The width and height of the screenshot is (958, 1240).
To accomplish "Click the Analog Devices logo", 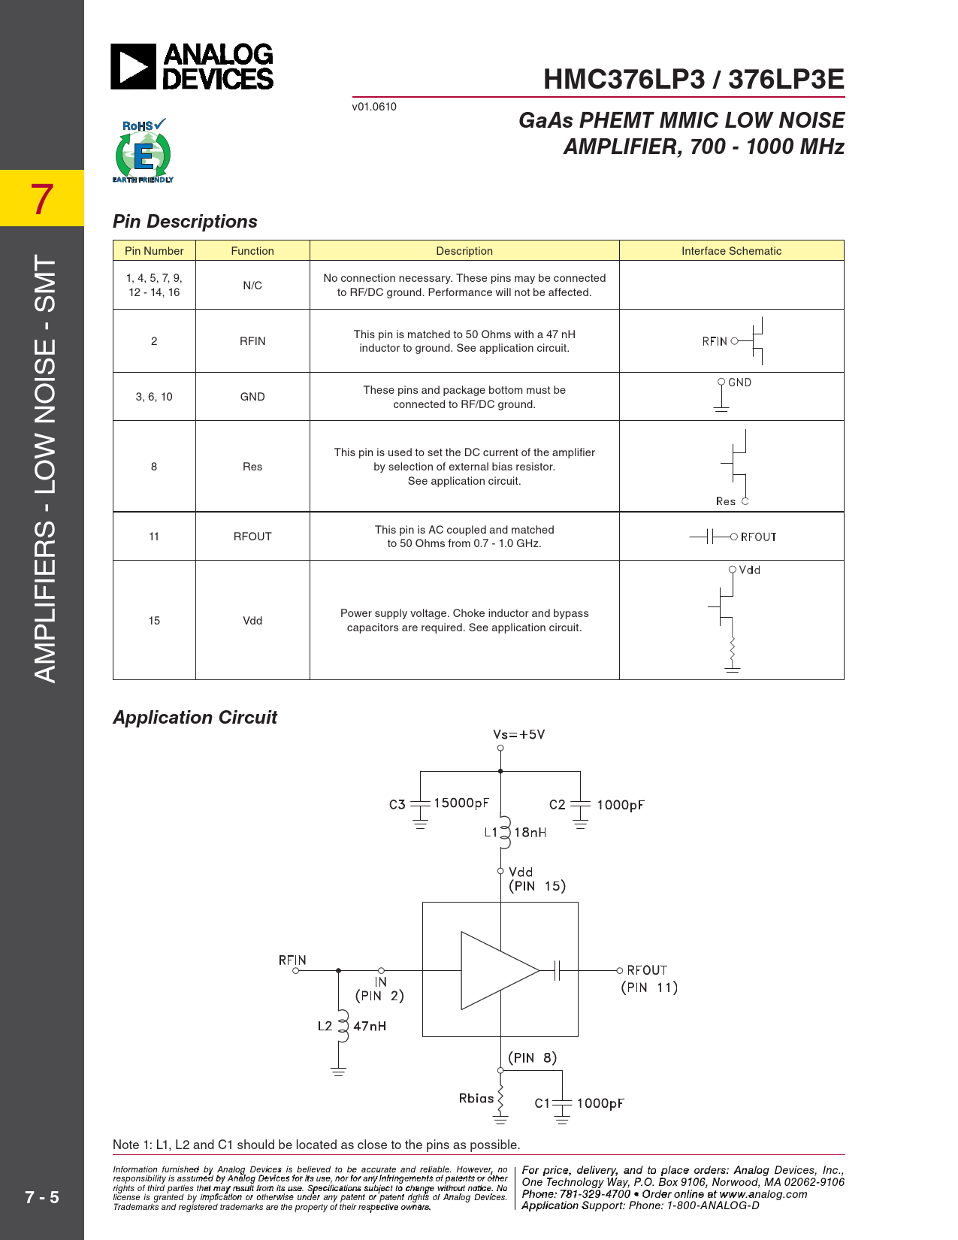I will tap(192, 67).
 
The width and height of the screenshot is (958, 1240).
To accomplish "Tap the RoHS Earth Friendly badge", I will tap(143, 151).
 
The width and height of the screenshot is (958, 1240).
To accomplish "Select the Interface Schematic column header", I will tap(731, 251).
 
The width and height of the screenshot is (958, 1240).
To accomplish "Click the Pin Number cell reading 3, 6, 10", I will tap(154, 397).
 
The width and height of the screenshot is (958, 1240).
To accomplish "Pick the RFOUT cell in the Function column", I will tap(252, 537).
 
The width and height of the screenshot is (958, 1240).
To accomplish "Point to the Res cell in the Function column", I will tap(252, 467).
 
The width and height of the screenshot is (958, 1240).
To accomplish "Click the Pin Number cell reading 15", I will tap(154, 621).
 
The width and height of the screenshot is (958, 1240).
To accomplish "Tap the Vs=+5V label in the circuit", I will tap(518, 734).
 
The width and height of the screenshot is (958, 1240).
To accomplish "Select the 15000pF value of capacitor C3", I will tap(461, 803).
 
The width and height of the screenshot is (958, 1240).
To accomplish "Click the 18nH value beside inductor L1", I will tap(530, 833).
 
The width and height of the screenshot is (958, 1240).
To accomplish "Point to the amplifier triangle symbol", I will tap(496, 970).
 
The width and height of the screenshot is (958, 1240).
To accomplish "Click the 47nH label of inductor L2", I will tap(370, 1027).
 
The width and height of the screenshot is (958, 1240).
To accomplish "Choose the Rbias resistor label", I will tap(476, 1099).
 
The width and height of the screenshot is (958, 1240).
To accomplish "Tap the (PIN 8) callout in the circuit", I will tap(532, 1058).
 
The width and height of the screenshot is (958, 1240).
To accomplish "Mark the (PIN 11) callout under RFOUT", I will tap(649, 987).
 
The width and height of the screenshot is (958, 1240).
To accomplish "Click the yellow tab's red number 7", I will tap(42, 199).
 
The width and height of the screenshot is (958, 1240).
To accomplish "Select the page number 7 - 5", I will tap(42, 1197).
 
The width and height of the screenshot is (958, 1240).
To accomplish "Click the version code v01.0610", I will tap(374, 107).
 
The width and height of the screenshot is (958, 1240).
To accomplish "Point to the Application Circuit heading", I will tap(195, 718).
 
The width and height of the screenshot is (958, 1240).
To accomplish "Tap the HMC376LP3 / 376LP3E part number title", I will tap(694, 80).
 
